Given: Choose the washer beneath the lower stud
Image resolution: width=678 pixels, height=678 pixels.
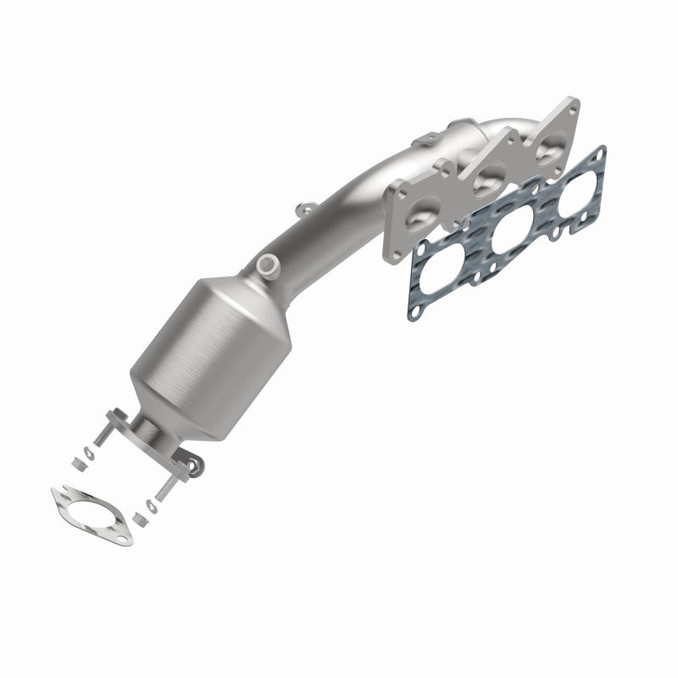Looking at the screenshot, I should click(x=151, y=507).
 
